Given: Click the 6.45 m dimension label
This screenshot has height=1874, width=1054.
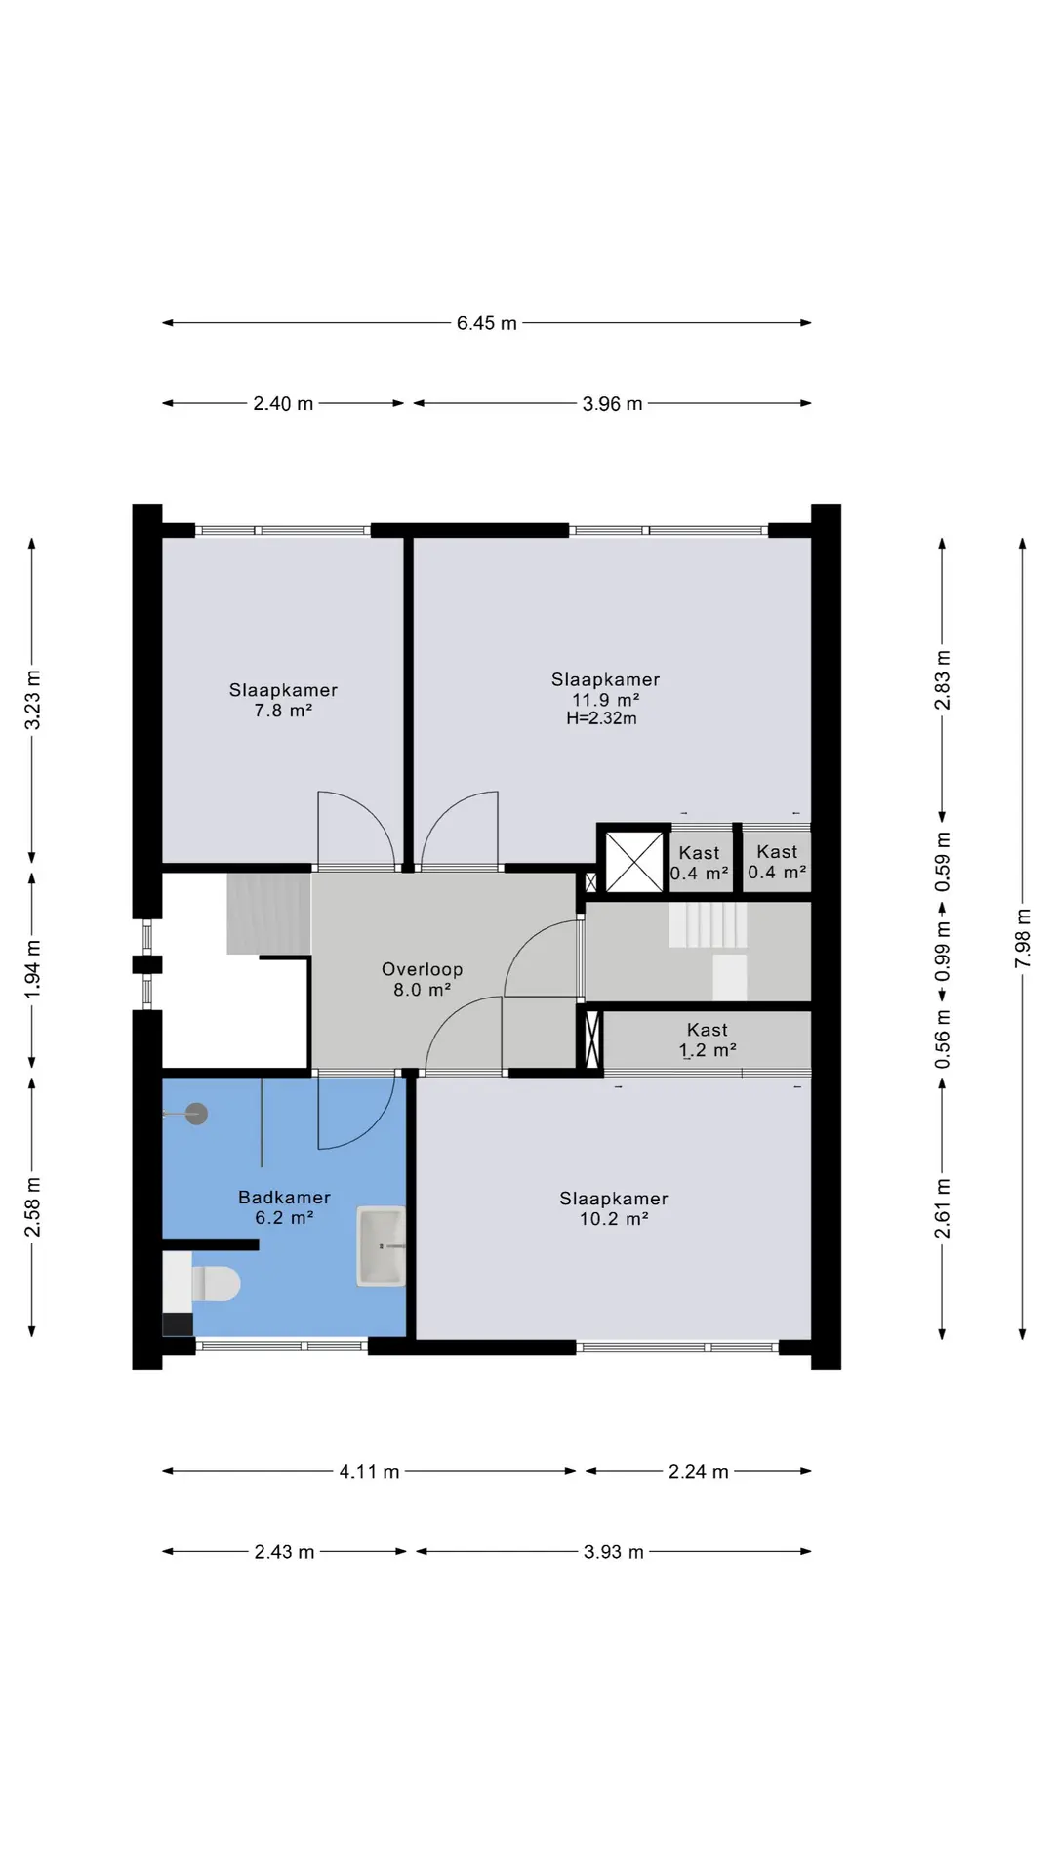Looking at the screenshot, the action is [487, 323].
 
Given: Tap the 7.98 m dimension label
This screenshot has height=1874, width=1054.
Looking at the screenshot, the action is [1023, 939].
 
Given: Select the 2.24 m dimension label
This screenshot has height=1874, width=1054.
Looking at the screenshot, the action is [699, 1472].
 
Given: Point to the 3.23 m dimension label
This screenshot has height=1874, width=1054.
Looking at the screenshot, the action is [32, 699].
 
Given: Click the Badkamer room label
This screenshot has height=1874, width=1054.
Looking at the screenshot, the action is [284, 1198].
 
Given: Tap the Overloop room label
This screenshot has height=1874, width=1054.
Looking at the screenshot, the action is [423, 969].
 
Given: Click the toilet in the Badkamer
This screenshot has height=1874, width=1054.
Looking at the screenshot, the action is [215, 1284].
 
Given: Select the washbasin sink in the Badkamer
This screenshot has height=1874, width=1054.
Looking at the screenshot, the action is [382, 1246].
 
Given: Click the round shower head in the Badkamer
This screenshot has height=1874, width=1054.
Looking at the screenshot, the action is [197, 1114].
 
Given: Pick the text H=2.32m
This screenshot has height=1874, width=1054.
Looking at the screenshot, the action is [601, 718].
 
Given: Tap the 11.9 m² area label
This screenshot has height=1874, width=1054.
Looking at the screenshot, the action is [606, 700].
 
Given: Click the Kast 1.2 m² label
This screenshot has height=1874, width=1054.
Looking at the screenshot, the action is [708, 1040].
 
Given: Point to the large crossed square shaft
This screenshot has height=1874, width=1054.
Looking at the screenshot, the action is [634, 861].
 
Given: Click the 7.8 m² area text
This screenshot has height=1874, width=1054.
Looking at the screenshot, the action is [283, 711].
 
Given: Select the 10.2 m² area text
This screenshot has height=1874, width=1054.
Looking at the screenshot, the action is [614, 1219].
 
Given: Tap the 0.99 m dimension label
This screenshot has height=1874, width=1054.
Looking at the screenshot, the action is [943, 952].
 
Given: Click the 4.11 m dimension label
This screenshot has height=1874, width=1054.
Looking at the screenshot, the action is [369, 1472].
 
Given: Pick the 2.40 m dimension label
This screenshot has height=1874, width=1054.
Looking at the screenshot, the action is [283, 404].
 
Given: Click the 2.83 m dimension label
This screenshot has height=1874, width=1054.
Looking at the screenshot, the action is [943, 679].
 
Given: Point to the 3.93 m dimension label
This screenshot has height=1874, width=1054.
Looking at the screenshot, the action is [614, 1552].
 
